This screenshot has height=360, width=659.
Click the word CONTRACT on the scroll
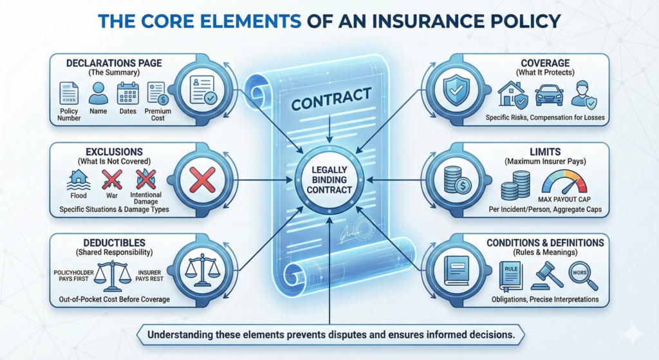[331, 99]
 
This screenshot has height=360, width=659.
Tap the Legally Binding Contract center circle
[329, 180]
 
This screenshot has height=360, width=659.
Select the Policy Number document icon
[69, 93]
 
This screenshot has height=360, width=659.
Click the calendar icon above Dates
[128, 93]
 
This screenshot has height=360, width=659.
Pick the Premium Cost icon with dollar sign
[158, 93]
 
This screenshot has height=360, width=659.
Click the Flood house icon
[79, 180]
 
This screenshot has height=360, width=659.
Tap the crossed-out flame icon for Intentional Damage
[146, 180]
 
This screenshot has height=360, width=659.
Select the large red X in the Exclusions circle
[203, 180]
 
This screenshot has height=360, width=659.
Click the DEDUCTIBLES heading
[115, 243]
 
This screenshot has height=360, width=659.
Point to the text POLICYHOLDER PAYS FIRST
[73, 276]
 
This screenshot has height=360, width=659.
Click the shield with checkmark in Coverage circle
[456, 90]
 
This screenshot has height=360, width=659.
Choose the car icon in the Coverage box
[549, 95]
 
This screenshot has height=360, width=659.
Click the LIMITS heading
[545, 152]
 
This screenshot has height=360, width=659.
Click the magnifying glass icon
[583, 276]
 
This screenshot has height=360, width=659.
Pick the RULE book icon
[510, 276]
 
